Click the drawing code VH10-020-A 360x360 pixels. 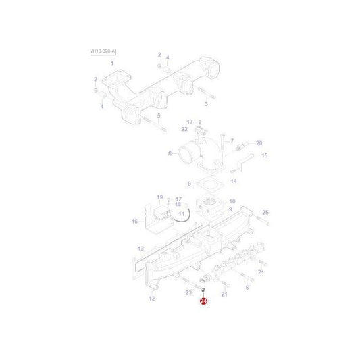tap(103, 51)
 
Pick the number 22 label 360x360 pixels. tap(184, 129)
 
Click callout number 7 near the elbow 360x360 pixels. tap(232, 141)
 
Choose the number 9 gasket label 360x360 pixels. tap(190, 183)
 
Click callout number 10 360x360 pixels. tap(232, 201)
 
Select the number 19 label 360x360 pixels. tap(160, 197)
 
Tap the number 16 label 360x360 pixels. tap(135, 221)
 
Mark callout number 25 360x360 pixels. tap(265, 212)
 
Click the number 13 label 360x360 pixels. tap(140, 249)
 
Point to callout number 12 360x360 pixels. tap(151, 298)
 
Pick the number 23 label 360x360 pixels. tap(188, 292)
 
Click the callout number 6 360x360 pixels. tap(247, 287)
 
